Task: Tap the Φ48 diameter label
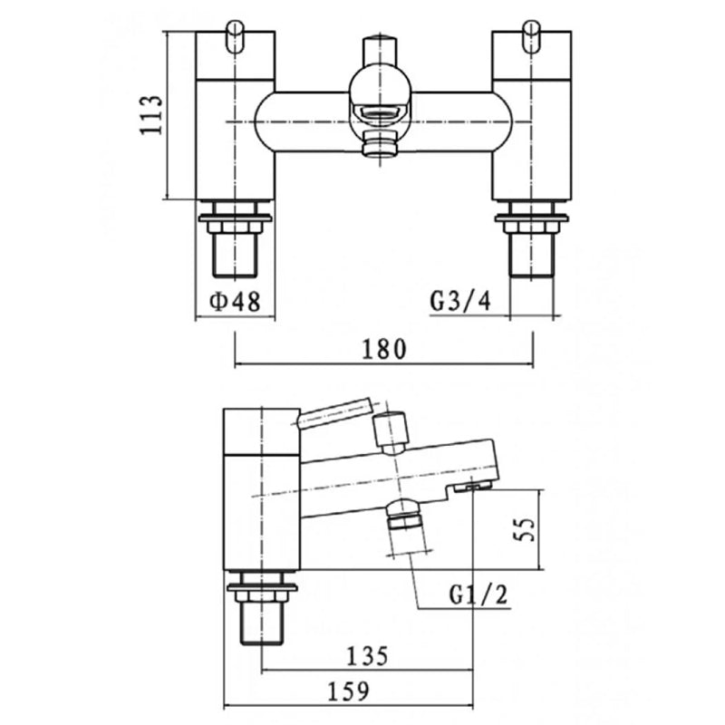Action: tap(234, 302)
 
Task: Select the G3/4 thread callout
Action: tap(460, 302)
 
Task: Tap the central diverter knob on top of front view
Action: tap(379, 49)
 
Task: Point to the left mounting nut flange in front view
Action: tap(235, 217)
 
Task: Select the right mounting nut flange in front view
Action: tap(530, 217)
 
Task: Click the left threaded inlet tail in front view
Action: tap(235, 254)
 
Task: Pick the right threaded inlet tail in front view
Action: tap(530, 254)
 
